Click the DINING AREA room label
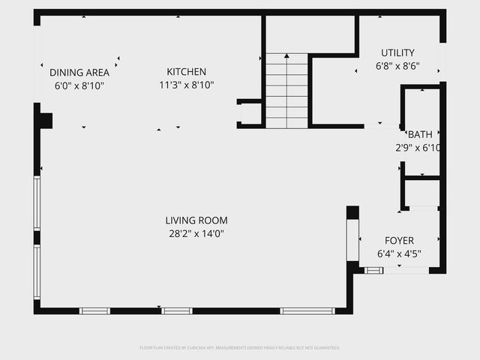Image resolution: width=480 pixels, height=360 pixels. tap(79, 73)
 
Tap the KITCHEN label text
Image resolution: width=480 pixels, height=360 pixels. tap(187, 72)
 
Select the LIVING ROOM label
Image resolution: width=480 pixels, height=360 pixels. tap(196, 220)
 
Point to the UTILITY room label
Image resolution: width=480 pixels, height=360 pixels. tap(397, 52)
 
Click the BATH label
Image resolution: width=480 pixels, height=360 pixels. tap(420, 135)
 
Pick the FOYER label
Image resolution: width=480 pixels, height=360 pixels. tap(399, 241)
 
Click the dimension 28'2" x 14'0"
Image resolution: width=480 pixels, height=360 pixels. tap(196, 233)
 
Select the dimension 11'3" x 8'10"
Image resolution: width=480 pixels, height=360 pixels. tap(187, 85)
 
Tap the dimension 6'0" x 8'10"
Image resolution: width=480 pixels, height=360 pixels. tap(79, 85)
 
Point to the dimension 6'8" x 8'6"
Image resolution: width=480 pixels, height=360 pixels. tap(397, 66)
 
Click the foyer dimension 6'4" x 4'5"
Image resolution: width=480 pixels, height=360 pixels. tap(399, 253)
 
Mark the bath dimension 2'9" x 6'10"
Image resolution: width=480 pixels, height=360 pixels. tap(418, 148)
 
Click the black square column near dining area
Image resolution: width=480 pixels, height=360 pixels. tap(46, 120)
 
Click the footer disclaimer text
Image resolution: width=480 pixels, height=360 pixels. tap(240, 348)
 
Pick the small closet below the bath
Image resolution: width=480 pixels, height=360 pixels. tap(422, 193)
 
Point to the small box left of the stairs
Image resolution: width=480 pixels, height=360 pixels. tap(250, 113)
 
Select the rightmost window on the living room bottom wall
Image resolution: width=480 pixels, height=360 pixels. tap(307, 310)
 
